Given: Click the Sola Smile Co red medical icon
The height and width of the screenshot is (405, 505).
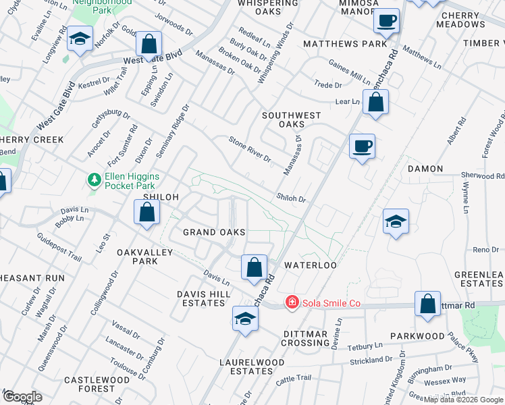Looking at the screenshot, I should pyautogui.click(x=292, y=303).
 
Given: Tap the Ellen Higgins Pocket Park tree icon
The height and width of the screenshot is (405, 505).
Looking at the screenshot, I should pyautogui.click(x=95, y=180).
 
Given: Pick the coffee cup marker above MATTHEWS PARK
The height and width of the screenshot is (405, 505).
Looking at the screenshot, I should pyautogui.click(x=387, y=21).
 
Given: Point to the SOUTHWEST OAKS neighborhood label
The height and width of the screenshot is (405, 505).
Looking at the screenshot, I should pyautogui.click(x=292, y=119).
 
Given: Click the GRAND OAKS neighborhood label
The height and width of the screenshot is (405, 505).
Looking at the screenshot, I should pyautogui.click(x=214, y=232).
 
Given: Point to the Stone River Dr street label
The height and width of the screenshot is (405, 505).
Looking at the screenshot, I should pyautogui.click(x=250, y=150).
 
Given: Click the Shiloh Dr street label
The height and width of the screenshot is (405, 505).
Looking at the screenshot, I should pyautogui.click(x=291, y=199).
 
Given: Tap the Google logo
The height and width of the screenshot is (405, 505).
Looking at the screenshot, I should pyautogui.click(x=22, y=397).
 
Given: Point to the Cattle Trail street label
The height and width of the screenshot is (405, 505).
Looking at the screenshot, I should pyautogui.click(x=292, y=381).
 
